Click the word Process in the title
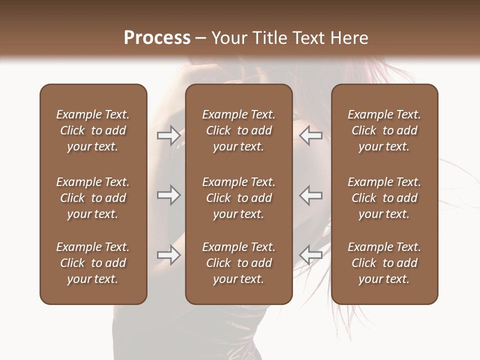157,38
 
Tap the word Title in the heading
268,38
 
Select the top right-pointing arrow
168,135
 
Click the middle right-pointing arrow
168,195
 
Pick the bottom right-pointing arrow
168,255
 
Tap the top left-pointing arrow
310,135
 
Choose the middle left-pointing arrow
310,195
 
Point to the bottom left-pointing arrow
310,255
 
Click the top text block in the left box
93,130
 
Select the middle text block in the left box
93,198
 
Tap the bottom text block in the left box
93,263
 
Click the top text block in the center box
238,130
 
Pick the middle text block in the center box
238,198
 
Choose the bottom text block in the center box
238,263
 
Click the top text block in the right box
384,130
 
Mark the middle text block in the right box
384,198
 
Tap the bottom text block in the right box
384,263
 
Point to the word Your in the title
228,38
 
